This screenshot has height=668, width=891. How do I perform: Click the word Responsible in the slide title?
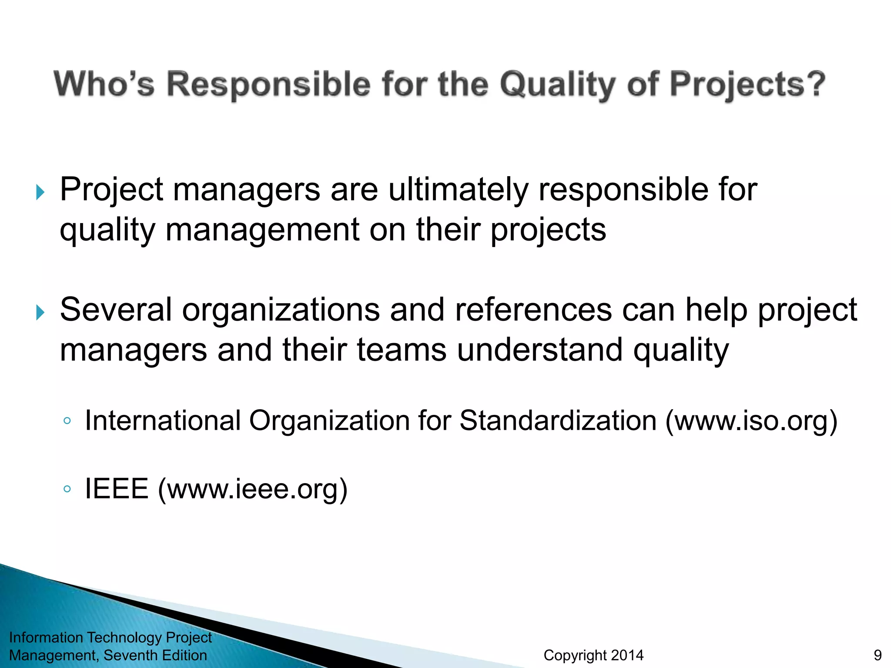click(268, 84)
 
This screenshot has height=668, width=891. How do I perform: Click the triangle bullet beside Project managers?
click(40, 192)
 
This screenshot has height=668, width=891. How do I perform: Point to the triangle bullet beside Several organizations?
click(40, 312)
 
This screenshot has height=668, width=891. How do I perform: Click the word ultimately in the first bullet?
click(458, 190)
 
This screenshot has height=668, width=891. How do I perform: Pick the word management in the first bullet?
click(262, 230)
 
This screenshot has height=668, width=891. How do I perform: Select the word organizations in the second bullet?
click(281, 310)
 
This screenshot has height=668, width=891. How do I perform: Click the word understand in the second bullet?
click(539, 350)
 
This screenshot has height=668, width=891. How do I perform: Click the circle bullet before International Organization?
click(67, 421)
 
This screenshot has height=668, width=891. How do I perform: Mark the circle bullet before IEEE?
click(67, 489)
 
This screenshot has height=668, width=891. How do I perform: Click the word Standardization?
click(558, 421)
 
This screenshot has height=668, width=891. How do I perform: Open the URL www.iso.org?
click(751, 421)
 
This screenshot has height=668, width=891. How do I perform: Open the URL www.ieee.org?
click(253, 489)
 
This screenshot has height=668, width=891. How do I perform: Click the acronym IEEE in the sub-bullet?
click(117, 489)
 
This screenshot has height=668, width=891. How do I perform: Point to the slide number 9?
click(878, 655)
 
